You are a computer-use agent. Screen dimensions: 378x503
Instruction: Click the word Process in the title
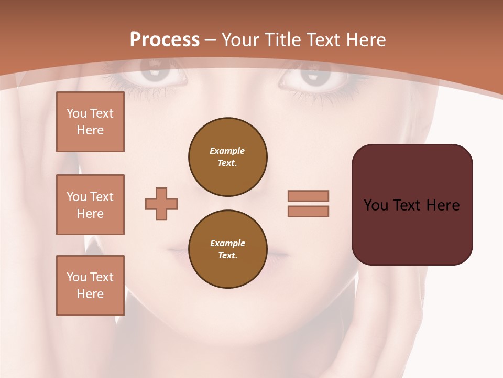165,40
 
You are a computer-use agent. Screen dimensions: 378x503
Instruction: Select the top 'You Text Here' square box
90,122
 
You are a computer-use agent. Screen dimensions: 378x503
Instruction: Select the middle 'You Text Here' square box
90,205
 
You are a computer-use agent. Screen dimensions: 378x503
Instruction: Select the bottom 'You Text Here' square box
90,285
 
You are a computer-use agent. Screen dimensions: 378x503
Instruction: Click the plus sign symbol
161,204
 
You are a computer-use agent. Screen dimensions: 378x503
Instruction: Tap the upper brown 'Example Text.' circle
228,157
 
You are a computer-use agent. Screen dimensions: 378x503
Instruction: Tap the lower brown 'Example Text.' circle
228,249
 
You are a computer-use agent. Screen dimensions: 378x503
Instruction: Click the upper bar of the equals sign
308,196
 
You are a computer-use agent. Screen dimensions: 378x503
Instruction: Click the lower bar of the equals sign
308,212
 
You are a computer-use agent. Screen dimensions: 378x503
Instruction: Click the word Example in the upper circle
227,151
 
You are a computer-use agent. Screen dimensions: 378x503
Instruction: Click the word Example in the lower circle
227,243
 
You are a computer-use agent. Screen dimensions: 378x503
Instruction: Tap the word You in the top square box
76,113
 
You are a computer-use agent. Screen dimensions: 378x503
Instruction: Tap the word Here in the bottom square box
90,294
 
